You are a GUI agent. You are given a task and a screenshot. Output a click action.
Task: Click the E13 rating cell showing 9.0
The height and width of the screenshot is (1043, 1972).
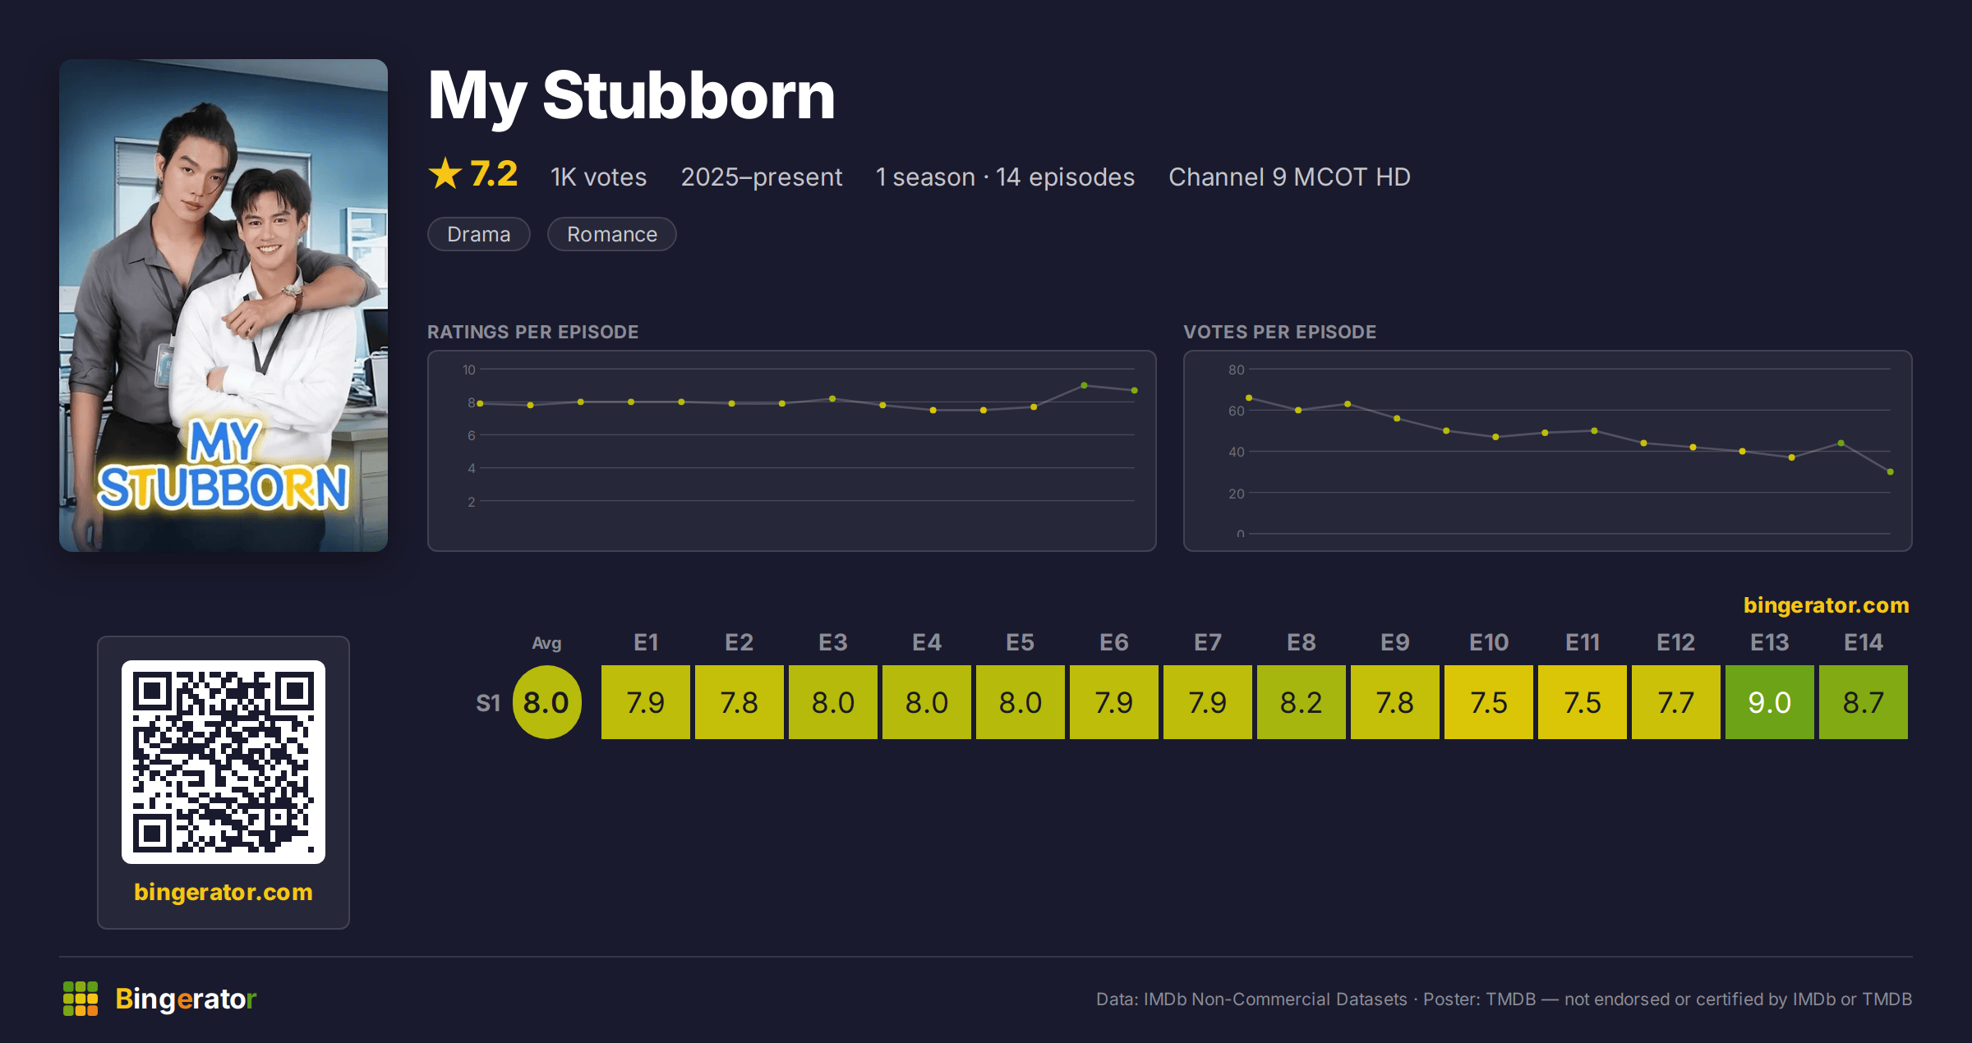tap(1769, 702)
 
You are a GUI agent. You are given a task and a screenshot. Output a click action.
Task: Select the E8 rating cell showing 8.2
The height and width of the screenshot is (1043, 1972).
tap(1301, 702)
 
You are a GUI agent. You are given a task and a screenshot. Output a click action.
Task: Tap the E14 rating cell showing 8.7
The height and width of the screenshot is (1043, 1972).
tap(1863, 702)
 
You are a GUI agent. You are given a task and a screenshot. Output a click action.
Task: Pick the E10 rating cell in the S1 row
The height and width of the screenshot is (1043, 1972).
tap(1488, 702)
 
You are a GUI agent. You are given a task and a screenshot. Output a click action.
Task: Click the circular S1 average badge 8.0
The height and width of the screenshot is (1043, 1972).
tap(546, 702)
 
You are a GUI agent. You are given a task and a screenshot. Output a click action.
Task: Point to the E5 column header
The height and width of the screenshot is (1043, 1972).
tap(1020, 642)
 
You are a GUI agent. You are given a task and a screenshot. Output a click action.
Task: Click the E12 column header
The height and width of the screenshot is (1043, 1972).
tap(1675, 642)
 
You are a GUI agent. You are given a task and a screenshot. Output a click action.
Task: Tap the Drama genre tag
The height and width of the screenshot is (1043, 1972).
tap(479, 234)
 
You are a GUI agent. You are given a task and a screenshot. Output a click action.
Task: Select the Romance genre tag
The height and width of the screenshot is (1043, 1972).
tap(612, 234)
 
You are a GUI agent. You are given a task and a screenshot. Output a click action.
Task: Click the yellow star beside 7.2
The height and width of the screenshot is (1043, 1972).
tap(445, 174)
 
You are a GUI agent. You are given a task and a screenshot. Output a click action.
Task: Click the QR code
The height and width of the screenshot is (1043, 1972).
tap(223, 762)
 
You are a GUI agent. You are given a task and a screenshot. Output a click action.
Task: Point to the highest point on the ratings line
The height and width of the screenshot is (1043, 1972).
tap(1084, 385)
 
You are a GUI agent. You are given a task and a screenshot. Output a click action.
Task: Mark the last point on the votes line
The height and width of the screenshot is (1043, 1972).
tap(1891, 471)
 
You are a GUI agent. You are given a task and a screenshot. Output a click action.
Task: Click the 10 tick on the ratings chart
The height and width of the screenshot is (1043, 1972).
tap(469, 370)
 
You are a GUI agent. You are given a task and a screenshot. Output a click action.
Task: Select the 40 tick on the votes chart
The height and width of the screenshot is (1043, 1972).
tap(1236, 452)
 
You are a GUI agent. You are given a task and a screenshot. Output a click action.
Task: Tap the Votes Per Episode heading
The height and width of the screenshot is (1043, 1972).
tap(1279, 332)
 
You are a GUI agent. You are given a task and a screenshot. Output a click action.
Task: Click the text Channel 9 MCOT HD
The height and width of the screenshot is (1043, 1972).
tap(1289, 177)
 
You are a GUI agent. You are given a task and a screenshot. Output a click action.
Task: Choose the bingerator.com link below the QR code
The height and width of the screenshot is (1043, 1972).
tap(223, 892)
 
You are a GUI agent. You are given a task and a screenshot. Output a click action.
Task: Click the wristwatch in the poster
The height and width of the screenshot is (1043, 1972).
tap(293, 292)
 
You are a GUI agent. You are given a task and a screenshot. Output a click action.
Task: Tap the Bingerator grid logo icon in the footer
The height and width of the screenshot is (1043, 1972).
tap(81, 999)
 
